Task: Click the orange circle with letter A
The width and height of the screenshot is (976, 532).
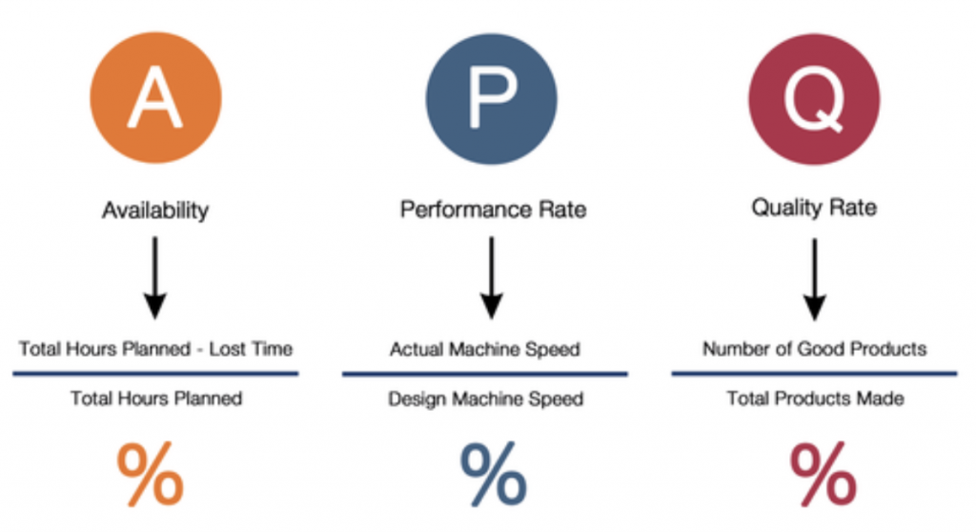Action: [156, 98]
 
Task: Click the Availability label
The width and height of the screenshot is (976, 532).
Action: [155, 210]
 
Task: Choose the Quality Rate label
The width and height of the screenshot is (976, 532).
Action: [813, 207]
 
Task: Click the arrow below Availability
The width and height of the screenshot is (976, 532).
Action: [155, 277]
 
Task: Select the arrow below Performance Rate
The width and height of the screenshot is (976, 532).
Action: [491, 277]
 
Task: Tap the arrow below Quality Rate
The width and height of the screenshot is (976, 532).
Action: [813, 277]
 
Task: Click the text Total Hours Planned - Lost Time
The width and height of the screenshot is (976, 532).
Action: [155, 349]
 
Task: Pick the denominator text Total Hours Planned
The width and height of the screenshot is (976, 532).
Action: [156, 398]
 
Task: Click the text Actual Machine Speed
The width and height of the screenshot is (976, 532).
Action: [484, 349]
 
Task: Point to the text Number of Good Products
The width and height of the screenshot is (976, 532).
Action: [814, 349]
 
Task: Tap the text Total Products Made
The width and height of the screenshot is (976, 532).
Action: [814, 398]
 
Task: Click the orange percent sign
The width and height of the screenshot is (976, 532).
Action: [151, 474]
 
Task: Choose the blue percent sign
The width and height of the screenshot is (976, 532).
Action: [493, 474]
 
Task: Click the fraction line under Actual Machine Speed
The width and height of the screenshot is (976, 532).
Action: [484, 374]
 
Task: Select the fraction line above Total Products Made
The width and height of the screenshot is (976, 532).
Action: [814, 374]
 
